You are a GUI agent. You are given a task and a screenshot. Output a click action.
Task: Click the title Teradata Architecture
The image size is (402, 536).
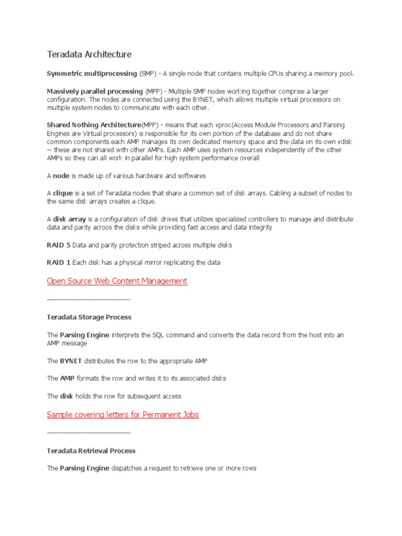pyautogui.click(x=89, y=54)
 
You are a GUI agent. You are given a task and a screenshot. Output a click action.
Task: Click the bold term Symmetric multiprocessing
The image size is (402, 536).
pyautogui.click(x=92, y=73)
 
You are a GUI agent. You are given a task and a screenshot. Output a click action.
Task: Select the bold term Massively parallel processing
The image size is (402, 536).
pyautogui.click(x=95, y=91)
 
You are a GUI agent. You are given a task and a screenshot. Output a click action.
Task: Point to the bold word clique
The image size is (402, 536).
pyautogui.click(x=63, y=193)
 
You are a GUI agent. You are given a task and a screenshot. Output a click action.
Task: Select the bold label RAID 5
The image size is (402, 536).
pyautogui.click(x=59, y=245)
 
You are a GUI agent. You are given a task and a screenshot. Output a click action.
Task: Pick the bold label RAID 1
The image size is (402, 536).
pyautogui.click(x=59, y=262)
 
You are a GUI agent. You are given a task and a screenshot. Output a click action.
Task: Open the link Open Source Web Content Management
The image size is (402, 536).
pyautogui.click(x=117, y=281)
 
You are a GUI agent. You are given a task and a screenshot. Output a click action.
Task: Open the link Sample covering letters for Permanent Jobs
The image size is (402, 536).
pyautogui.click(x=122, y=415)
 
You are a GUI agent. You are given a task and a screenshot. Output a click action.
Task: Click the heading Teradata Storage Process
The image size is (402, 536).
pyautogui.click(x=89, y=317)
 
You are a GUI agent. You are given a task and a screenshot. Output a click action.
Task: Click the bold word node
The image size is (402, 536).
pyautogui.click(x=61, y=175)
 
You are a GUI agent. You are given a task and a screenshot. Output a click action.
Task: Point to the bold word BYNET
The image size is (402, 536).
pyautogui.click(x=71, y=361)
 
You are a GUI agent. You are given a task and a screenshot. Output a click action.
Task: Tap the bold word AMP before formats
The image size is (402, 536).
pyautogui.click(x=67, y=378)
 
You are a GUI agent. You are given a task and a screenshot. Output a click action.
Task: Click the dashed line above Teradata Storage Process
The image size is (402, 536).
pyautogui.click(x=88, y=299)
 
